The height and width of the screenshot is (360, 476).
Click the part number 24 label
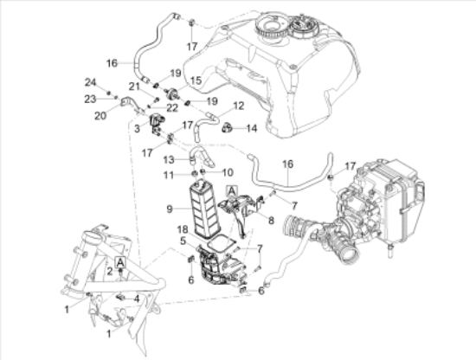91,82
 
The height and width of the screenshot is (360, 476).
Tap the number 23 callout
91,98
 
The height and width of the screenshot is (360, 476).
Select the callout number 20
100,114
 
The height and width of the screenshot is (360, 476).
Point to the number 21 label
134,86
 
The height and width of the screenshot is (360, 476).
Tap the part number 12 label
215,106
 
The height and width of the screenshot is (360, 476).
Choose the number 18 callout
183,229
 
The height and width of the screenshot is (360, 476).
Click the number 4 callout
136,298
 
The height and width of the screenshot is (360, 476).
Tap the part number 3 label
137,128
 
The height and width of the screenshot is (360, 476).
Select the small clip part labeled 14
229,127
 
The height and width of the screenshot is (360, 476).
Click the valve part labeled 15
172,93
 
